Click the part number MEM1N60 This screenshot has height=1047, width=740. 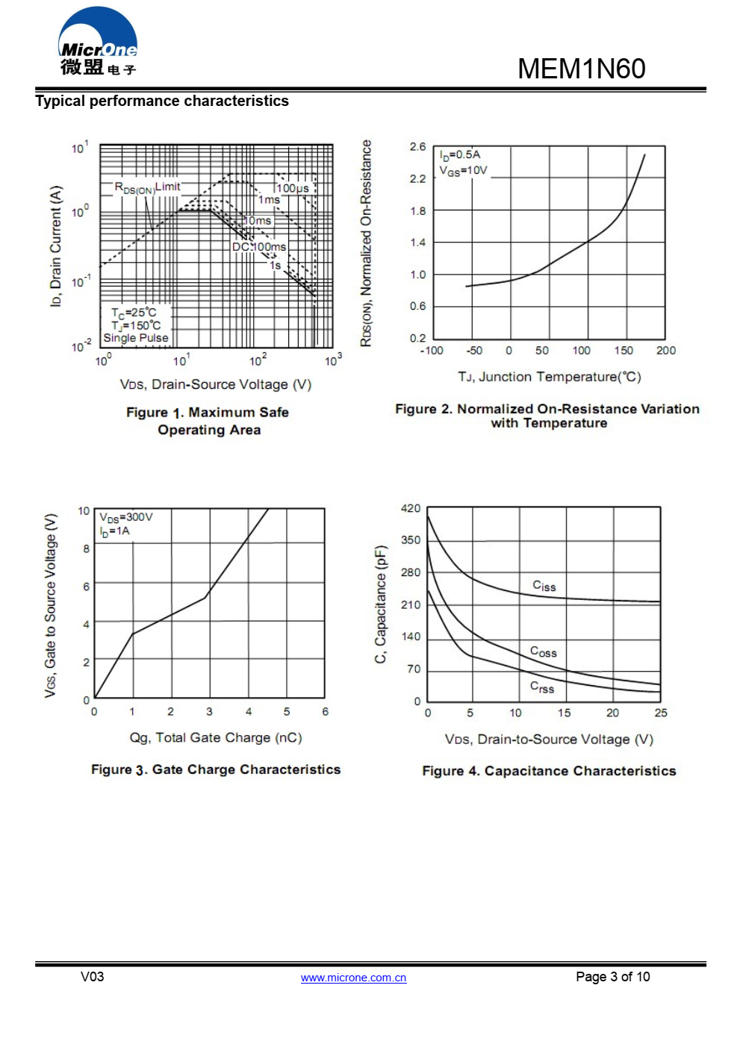[581, 69]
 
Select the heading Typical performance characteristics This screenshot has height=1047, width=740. [162, 101]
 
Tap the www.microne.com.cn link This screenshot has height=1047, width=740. [353, 978]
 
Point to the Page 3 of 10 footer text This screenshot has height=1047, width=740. [612, 977]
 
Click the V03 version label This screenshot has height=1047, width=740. [93, 977]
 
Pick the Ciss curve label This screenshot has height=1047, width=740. [544, 586]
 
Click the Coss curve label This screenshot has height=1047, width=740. [543, 651]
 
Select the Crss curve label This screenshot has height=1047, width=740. [541, 687]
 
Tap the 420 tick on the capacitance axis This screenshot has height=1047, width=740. [411, 508]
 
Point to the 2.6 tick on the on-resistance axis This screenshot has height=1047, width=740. [417, 147]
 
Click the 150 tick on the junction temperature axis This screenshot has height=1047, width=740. [624, 351]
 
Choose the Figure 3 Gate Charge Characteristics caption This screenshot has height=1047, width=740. [216, 769]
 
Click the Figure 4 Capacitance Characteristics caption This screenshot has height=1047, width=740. [549, 771]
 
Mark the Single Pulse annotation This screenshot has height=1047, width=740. [136, 338]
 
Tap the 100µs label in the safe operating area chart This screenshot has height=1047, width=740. [293, 188]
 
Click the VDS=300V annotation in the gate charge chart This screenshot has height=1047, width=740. [126, 517]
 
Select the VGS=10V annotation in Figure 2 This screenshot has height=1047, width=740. [463, 171]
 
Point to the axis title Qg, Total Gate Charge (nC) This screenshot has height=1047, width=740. [216, 737]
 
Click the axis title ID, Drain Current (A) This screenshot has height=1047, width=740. [56, 246]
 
